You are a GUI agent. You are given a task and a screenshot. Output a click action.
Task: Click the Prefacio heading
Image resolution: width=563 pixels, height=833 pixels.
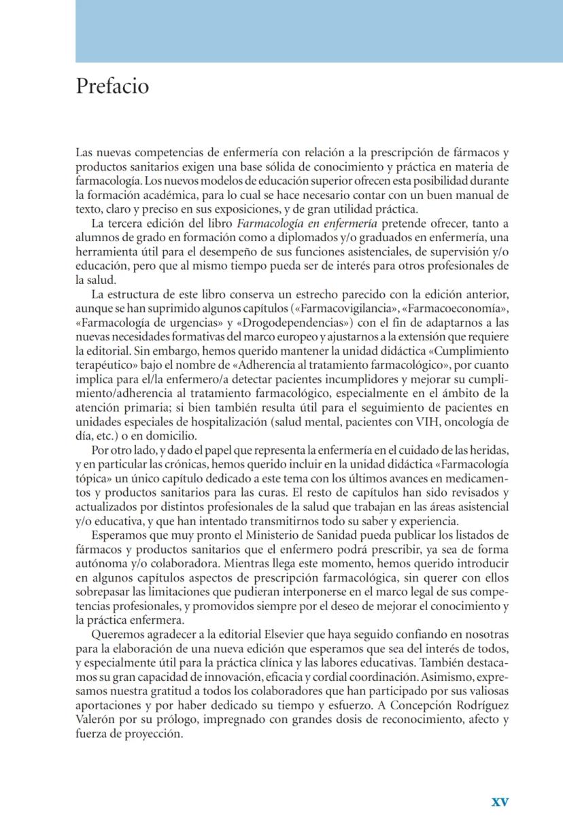pyautogui.click(x=112, y=86)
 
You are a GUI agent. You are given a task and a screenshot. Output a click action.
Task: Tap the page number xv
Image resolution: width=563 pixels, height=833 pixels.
pyautogui.click(x=500, y=801)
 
